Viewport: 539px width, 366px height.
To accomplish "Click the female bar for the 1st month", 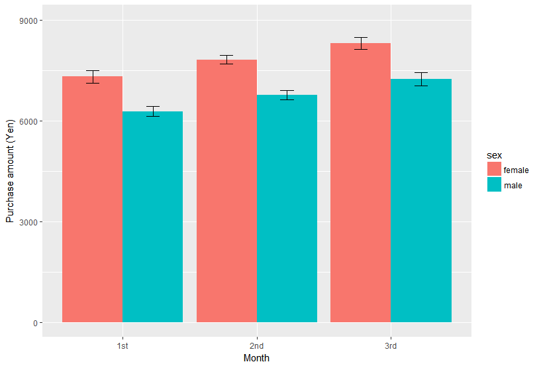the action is pos(92,200).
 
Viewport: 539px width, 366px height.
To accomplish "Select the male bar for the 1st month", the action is pos(152,217).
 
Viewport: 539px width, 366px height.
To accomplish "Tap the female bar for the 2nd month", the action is pos(226,191).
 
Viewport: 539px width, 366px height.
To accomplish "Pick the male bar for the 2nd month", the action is pos(287,209).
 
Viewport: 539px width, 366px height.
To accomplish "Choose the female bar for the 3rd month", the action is pos(361,183).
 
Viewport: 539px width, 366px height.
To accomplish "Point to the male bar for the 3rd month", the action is pos(421,201).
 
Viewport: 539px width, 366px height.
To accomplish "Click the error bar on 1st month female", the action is pos(93,77).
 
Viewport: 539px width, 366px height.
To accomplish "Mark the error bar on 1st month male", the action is pos(152,111).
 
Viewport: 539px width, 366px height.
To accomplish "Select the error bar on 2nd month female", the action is pos(226,60).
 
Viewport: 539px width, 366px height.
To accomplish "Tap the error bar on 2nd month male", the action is pos(287,95).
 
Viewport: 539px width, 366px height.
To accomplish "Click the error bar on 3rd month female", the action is pos(361,43).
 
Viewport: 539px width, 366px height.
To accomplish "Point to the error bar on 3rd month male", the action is pos(421,79).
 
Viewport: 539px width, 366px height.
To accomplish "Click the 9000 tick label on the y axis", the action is pos(28,21).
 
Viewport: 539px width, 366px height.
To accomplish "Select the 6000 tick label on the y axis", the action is pos(28,121).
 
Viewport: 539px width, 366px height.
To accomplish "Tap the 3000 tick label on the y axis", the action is pos(28,222).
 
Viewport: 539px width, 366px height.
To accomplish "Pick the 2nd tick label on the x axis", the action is pos(256,345).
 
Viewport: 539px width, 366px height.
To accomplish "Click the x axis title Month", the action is pos(256,358).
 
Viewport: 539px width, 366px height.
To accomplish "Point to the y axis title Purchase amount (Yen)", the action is pos(11,171).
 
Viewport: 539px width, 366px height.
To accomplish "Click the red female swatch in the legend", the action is pos(494,169).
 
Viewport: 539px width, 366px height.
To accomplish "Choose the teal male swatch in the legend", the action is pos(494,184).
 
